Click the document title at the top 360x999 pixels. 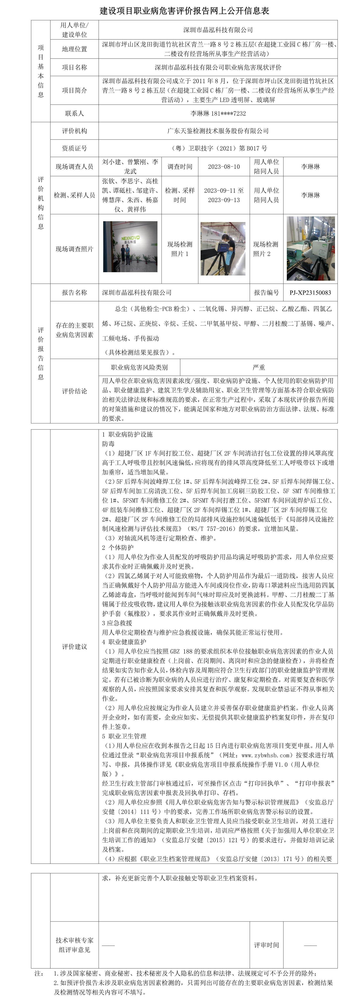click(184, 10)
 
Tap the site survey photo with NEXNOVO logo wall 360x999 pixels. click(130, 247)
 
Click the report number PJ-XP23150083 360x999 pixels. click(310, 293)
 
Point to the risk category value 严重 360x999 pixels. click(259, 367)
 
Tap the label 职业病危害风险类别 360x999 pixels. click(140, 367)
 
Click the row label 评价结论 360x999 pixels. click(74, 391)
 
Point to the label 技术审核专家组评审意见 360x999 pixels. click(74, 945)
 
